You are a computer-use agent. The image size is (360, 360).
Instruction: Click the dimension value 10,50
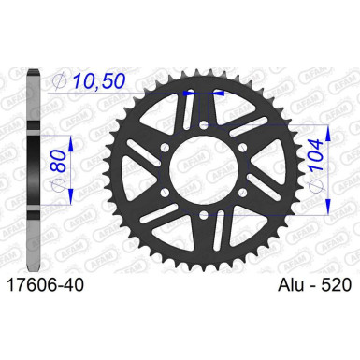point(99,81)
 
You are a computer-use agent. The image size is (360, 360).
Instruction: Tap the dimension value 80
point(58,161)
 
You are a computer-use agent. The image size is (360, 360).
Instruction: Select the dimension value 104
point(317,155)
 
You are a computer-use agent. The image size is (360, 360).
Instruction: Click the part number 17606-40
point(46,285)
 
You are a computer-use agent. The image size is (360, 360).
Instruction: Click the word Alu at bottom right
point(291,285)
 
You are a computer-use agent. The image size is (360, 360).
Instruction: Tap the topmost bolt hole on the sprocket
point(204,125)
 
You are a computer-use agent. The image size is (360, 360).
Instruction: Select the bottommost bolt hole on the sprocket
point(205,214)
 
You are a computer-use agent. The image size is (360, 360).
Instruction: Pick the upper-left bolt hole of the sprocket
point(166,148)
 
